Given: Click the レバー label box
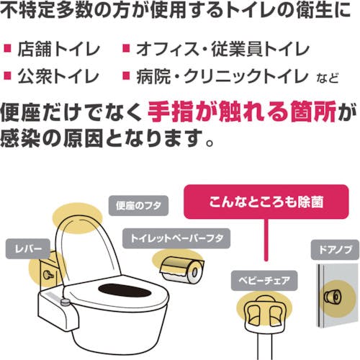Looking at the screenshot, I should click(27, 249).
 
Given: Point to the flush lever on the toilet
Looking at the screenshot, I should click(48, 276).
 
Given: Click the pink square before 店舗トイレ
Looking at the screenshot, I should click(9, 50).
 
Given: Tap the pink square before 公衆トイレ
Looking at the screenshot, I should click(9, 75).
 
